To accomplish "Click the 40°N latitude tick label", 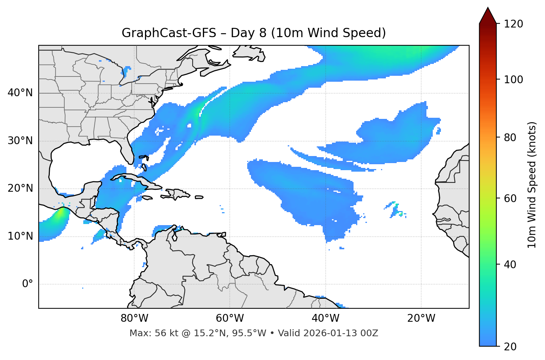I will click(20, 93).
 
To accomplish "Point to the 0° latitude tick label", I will click(27, 284).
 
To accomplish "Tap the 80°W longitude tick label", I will click(134, 318).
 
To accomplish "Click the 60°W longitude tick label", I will click(230, 318).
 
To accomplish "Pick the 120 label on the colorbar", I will click(513, 24).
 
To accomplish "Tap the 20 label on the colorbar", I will click(510, 347).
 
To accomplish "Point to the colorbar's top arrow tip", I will click(488, 7).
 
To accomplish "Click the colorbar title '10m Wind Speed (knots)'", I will click(532, 185).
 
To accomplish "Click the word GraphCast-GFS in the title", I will click(169, 33).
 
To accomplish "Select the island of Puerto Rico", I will click(199, 197).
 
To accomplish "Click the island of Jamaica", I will click(147, 198).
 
